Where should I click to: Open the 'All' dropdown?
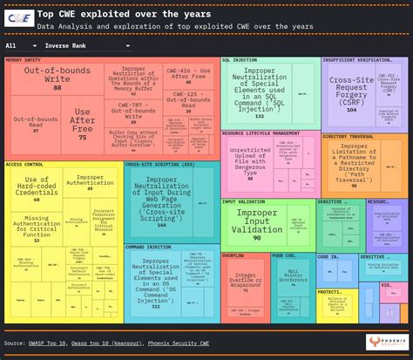pos(14,44)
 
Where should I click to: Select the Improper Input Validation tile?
pos(256,222)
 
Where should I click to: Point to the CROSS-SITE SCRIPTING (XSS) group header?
pos(159,164)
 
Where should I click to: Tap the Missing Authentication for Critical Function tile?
pos(37,227)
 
